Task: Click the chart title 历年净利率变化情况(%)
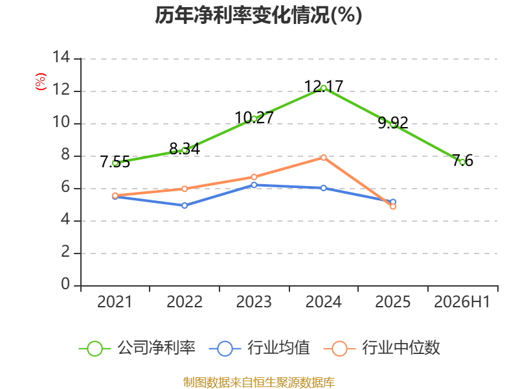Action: pos(258,15)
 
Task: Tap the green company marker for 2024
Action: pos(323,88)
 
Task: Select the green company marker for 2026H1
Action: pos(462,162)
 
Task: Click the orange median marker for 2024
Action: pos(323,158)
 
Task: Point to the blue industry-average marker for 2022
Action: pos(185,206)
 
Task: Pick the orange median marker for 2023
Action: pos(254,177)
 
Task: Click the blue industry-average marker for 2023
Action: pos(254,185)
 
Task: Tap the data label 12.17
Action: pos(323,86)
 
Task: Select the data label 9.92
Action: pos(393,123)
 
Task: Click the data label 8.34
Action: pos(185,148)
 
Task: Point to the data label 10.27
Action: pos(254,117)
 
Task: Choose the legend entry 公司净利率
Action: pos(137,348)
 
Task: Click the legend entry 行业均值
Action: pos(260,348)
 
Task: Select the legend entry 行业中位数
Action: pos(382,348)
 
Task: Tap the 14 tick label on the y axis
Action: pos(61,57)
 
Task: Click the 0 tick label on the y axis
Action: pos(65,284)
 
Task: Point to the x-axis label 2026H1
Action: pos(462,301)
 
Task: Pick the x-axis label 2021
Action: pos(115,301)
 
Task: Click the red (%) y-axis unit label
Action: pos(41,82)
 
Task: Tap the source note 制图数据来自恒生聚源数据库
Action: pos(258,383)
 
